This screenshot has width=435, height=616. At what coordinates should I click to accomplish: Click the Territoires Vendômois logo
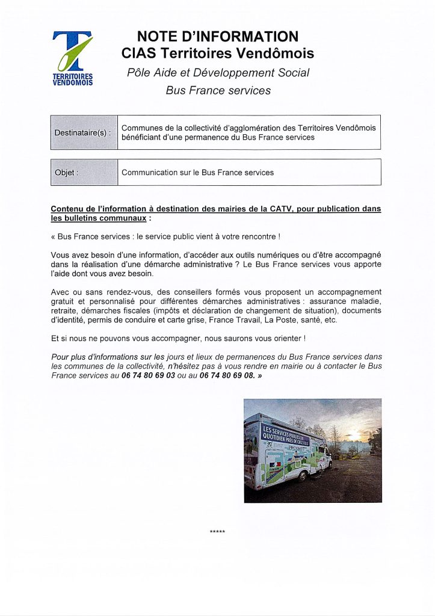tap(72, 58)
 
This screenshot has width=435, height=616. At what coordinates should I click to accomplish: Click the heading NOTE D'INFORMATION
tap(217, 37)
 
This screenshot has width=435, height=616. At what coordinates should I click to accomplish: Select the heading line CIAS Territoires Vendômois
tap(217, 54)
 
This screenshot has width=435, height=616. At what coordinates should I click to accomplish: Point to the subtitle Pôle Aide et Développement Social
tap(218, 73)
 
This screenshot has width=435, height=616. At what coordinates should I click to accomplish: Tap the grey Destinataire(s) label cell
tap(83, 132)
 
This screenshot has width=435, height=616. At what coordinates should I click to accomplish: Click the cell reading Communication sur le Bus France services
tap(197, 173)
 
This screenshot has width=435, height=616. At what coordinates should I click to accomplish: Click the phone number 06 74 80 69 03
tap(148, 375)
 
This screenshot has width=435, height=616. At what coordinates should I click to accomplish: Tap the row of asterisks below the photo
tap(217, 532)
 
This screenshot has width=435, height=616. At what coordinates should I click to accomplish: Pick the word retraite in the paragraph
tap(64, 310)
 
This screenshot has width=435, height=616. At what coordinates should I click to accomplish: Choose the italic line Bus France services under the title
tap(218, 91)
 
